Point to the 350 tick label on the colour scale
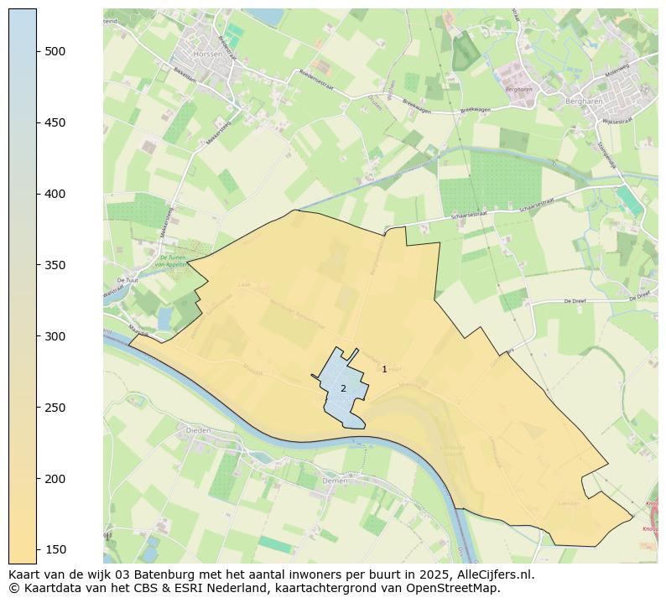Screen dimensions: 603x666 (x=55, y=265)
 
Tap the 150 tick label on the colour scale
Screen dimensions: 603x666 (x=55, y=549)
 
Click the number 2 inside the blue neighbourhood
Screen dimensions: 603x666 (x=343, y=388)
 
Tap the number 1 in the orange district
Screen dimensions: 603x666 (x=384, y=369)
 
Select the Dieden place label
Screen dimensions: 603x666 (x=198, y=429)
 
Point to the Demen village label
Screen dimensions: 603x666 (x=334, y=481)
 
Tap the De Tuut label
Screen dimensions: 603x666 (x=127, y=280)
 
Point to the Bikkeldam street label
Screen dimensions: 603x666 (x=185, y=74)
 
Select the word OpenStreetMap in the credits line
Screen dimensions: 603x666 (x=458, y=588)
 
